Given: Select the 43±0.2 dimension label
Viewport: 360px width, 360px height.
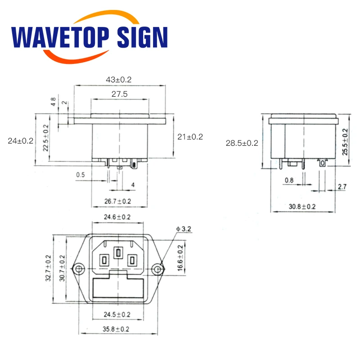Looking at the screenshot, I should [119, 80].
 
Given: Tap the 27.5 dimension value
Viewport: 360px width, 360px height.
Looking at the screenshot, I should [119, 94].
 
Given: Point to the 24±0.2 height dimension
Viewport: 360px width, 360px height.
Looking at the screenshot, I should [21, 141].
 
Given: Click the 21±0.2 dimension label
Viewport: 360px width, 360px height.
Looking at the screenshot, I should [190, 137].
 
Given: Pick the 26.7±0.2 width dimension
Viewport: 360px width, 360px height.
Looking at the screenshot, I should [118, 201].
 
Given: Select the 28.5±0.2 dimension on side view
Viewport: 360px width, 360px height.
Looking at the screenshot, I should [242, 143].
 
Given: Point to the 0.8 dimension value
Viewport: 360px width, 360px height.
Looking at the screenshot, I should [289, 181].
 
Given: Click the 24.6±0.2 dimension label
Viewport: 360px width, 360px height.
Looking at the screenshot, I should [118, 217].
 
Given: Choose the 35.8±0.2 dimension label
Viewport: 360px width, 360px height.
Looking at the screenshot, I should [117, 329].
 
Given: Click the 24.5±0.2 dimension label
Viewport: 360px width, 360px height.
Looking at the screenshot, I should [118, 314].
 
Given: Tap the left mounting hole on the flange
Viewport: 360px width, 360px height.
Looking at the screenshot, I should [80, 269].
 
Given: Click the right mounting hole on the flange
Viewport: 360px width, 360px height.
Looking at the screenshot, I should [157, 269].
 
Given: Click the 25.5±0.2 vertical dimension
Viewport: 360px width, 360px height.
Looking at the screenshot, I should [345, 142].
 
